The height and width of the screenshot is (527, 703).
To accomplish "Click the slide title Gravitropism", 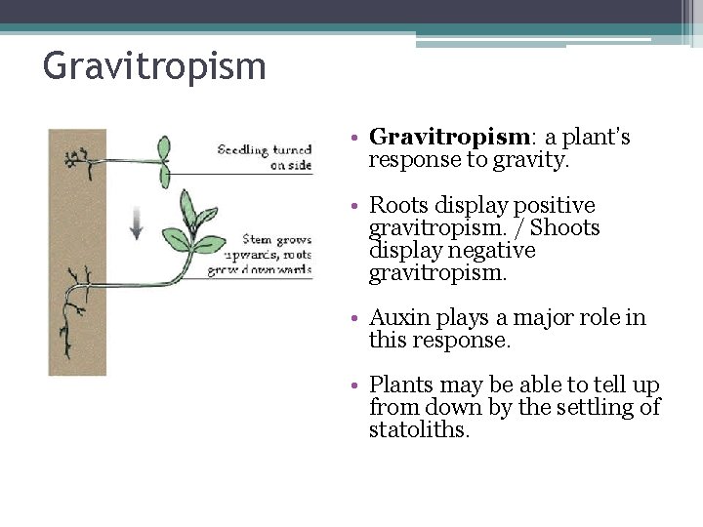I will (154, 67).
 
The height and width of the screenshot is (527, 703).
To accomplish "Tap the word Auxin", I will (395, 318).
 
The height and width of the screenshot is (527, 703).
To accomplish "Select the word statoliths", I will (418, 430).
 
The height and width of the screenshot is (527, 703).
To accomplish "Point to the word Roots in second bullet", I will (396, 206).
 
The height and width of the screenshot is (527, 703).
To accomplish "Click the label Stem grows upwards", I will (278, 240).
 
